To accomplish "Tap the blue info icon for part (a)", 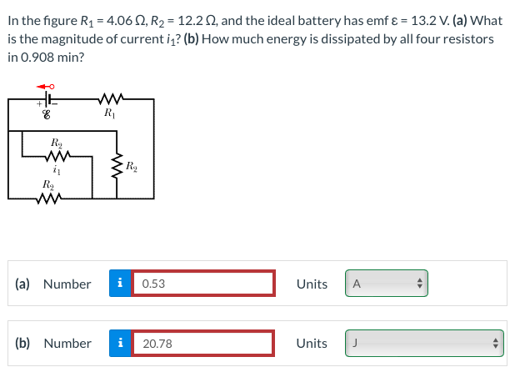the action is (120, 284).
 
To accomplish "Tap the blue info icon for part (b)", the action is (120, 343).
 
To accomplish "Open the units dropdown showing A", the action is (384, 284).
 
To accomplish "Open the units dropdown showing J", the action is (424, 343).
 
